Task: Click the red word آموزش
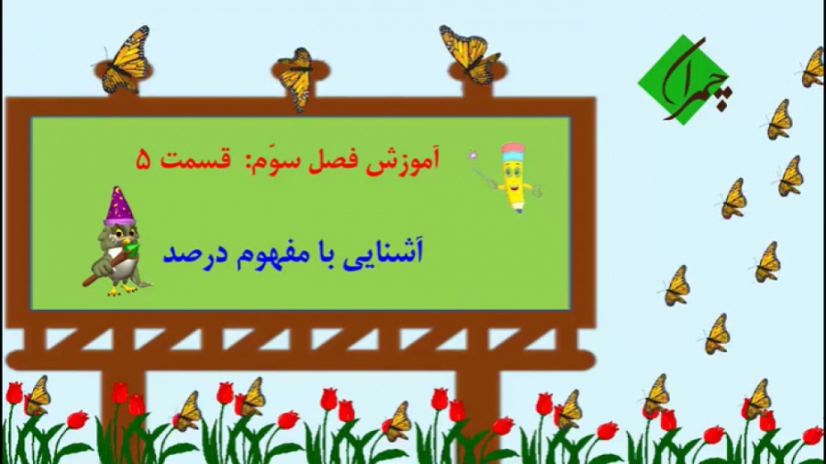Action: point(406,160)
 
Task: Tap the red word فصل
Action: point(338,160)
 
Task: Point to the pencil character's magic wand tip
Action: point(474,155)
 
